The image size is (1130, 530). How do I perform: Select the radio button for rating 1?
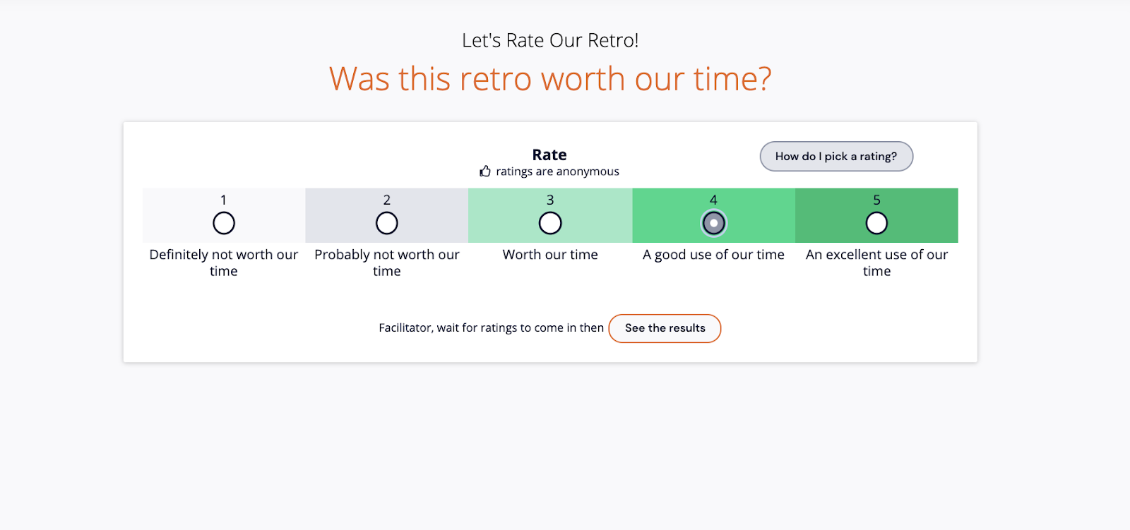[x=224, y=223]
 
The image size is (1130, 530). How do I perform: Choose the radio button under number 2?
[x=387, y=223]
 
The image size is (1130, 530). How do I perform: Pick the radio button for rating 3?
[x=550, y=223]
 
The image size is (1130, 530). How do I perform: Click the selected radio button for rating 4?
[x=713, y=223]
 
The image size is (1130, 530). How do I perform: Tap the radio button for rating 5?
[x=876, y=223]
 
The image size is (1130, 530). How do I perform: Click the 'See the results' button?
[x=665, y=328]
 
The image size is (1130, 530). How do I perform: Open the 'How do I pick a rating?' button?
[x=836, y=157]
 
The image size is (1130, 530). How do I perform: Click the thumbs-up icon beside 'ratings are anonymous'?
[x=485, y=171]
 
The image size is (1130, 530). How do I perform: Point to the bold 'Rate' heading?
[x=549, y=155]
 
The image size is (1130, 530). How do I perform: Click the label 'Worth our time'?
[x=550, y=255]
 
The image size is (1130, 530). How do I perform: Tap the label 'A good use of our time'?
[x=713, y=255]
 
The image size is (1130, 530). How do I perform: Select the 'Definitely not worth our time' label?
[x=224, y=263]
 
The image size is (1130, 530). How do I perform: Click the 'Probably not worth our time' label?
[x=387, y=263]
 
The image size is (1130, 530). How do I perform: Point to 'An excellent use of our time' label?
[x=876, y=263]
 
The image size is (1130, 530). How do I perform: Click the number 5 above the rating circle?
[x=876, y=200]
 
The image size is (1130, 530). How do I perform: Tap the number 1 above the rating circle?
[x=224, y=200]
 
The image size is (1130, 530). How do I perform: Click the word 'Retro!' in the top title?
[x=613, y=41]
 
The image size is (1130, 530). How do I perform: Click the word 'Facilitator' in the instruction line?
[x=405, y=328]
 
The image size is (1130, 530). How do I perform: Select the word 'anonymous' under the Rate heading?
[x=588, y=171]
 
